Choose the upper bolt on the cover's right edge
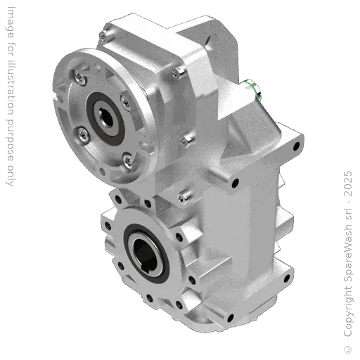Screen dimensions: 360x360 181,72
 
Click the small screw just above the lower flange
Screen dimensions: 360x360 185,193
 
